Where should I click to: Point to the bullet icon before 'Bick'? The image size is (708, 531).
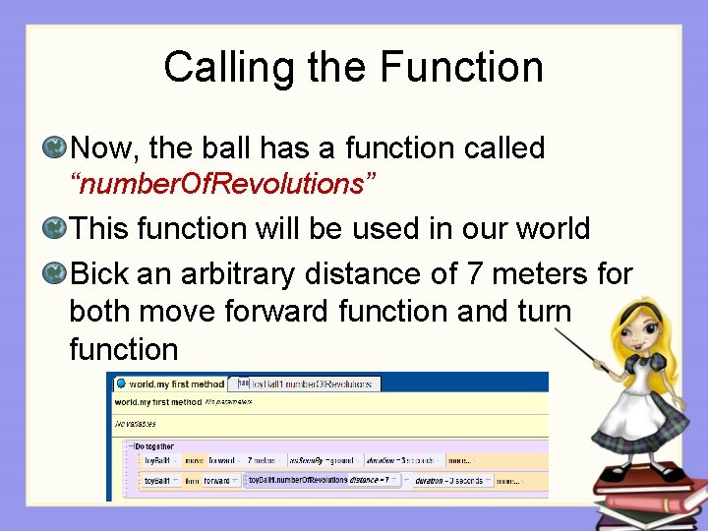[x=55, y=271]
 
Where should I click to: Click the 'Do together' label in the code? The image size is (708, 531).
[x=157, y=445]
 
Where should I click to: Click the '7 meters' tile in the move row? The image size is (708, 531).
[x=261, y=459]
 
